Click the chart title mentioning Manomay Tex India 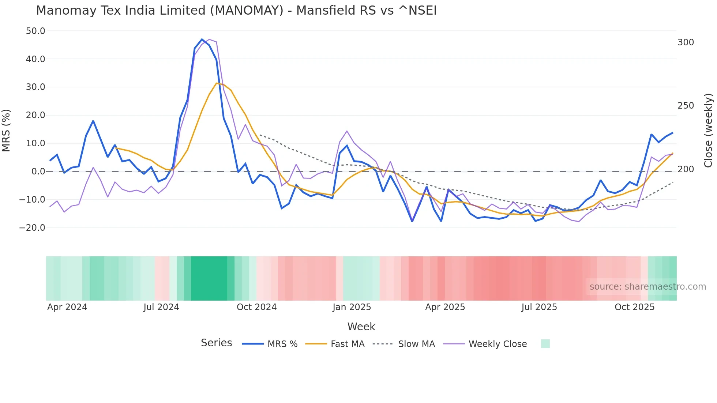236,10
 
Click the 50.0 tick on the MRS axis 35,31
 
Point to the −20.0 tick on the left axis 32,228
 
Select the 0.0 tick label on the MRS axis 38,172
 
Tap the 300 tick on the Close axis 686,42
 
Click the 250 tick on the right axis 686,106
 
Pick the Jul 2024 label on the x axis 161,307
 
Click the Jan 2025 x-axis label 352,307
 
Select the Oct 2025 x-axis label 634,307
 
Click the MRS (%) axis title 6,131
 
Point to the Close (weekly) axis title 708,131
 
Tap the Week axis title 361,327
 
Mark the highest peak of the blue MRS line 202,39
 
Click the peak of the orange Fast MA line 217,83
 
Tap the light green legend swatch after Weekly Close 545,344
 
